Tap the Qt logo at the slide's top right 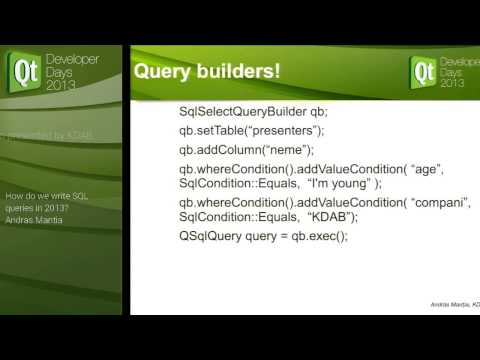click(x=424, y=71)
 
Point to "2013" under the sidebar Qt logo click(x=61, y=86)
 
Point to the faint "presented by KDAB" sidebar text click(x=58, y=131)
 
